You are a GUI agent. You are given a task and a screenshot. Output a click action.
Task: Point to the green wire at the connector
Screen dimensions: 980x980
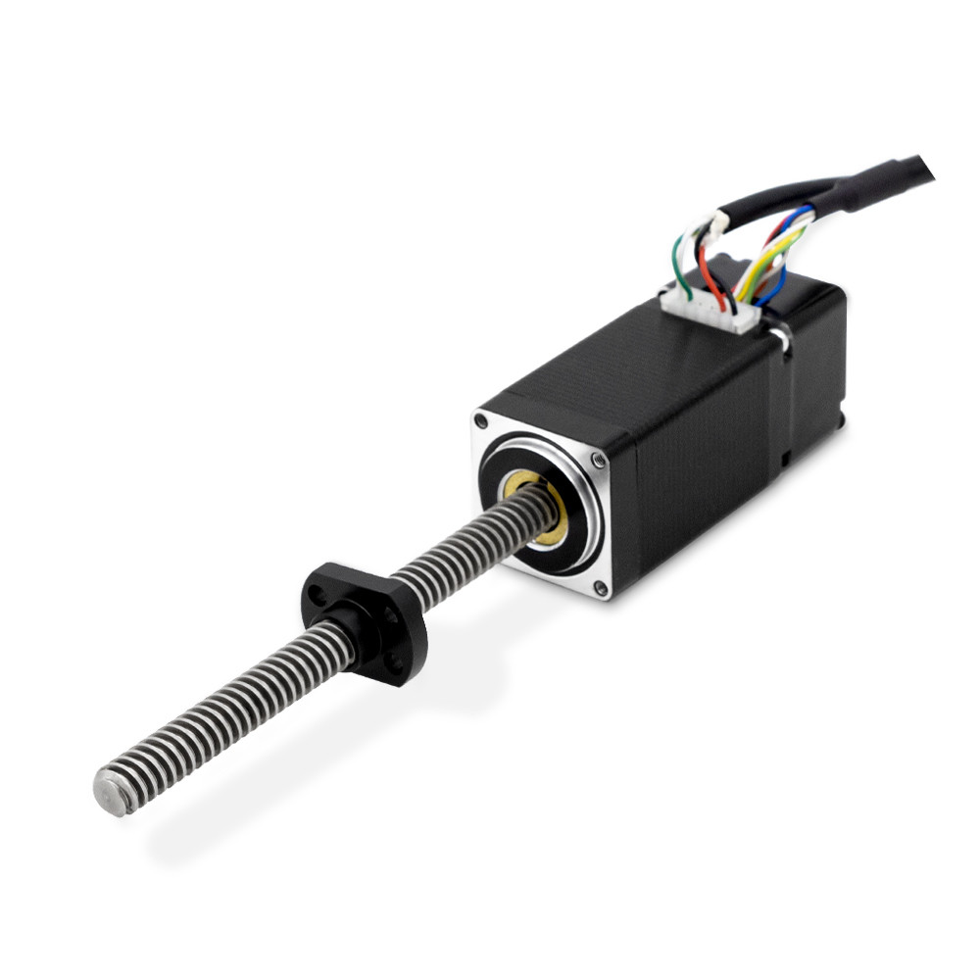pyautogui.click(x=678, y=269)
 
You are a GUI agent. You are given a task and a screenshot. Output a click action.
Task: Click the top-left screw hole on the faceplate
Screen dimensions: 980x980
pyautogui.click(x=480, y=420)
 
